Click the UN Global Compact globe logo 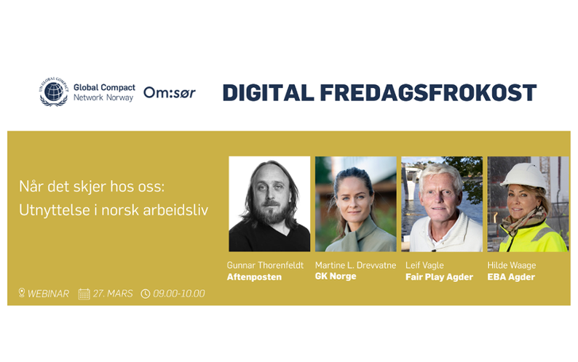[54, 92]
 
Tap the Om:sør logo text [169, 93]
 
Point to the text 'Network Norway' [103, 98]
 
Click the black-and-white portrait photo [269, 204]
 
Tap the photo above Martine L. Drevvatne [355, 204]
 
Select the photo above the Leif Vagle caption [441, 204]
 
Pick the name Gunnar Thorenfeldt [266, 265]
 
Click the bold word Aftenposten [255, 277]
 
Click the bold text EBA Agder [511, 277]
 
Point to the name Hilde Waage [511, 265]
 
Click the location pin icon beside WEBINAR [22, 293]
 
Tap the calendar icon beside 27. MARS [84, 294]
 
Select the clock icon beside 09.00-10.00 [146, 294]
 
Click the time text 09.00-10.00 [179, 294]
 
